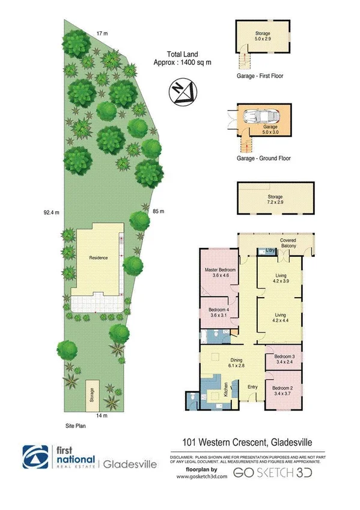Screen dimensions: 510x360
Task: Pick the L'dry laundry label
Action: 263,251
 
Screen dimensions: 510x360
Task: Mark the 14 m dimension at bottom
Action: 102,415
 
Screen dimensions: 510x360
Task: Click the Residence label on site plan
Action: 99,258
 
